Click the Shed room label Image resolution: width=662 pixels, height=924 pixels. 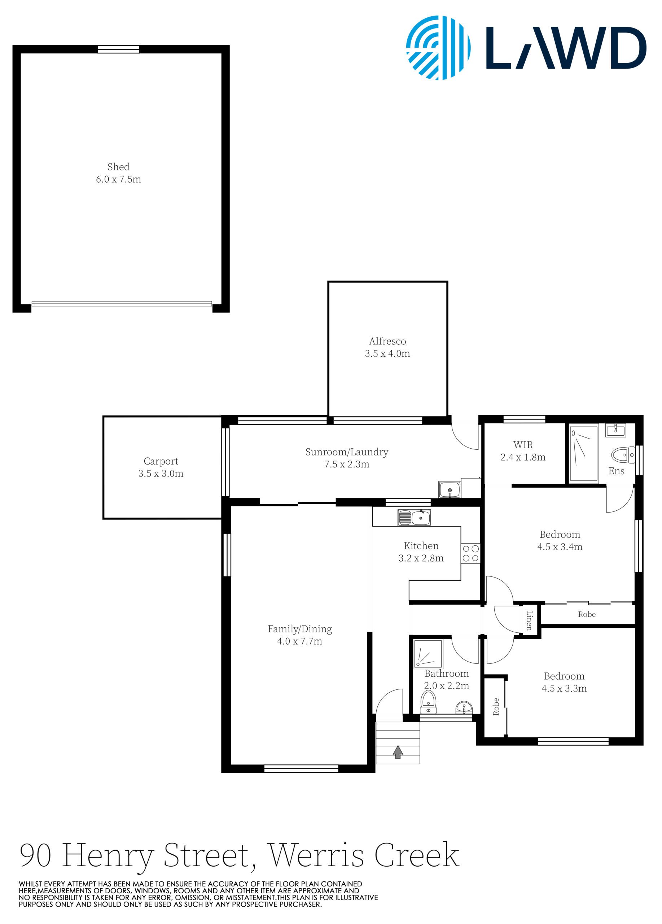pos(118,167)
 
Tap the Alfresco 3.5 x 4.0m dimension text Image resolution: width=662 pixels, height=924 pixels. pos(387,353)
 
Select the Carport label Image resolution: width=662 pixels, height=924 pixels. pos(161,461)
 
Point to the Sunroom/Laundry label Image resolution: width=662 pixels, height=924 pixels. pos(346,452)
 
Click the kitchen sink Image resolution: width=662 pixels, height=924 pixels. pos(414,518)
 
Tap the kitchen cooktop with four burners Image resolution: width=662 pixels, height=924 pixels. pos(470,553)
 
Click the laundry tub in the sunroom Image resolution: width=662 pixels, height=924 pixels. pos(449,489)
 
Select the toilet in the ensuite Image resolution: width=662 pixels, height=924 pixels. pos(623,455)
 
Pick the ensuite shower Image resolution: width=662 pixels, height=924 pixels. pos(583,453)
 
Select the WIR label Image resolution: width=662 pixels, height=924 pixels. pos(523,445)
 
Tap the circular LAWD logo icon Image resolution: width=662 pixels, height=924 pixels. pos(438,48)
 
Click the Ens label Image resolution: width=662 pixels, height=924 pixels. pos(616,471)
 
